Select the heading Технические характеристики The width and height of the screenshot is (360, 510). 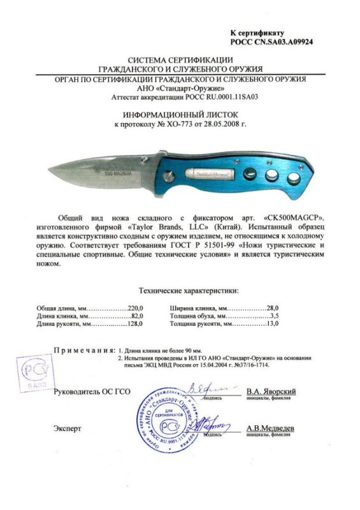click(180, 291)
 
